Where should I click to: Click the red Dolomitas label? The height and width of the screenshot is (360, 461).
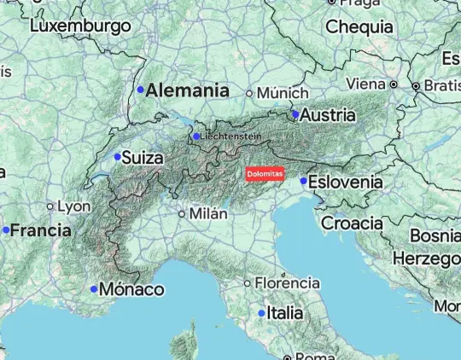point(264,174)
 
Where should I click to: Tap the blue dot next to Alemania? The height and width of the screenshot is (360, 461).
point(141,90)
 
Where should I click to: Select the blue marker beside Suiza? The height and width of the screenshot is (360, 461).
point(118,156)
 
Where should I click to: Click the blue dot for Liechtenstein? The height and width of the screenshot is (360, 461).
point(195,136)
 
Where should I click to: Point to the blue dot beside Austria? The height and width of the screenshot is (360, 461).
point(295,113)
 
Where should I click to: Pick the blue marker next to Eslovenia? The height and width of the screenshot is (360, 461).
point(303,181)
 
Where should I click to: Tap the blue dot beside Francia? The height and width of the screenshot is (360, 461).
point(6,230)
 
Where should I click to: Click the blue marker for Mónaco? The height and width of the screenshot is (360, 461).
point(94,289)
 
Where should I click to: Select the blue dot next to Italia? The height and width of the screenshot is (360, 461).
point(261,313)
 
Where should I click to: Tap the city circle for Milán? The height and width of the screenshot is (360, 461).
point(182,214)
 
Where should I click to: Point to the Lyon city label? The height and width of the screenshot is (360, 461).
point(74,206)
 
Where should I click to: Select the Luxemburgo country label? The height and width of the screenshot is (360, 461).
point(80,26)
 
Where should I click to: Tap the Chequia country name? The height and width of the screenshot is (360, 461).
point(359,26)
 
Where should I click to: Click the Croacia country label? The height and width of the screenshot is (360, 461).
point(353,223)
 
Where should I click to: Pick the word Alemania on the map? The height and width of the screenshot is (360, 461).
point(188,90)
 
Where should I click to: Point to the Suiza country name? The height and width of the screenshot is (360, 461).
point(143,157)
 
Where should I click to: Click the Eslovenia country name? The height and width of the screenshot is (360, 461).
point(346,182)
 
